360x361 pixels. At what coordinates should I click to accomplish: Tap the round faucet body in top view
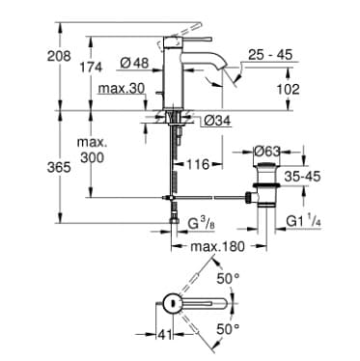tap(170, 303)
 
